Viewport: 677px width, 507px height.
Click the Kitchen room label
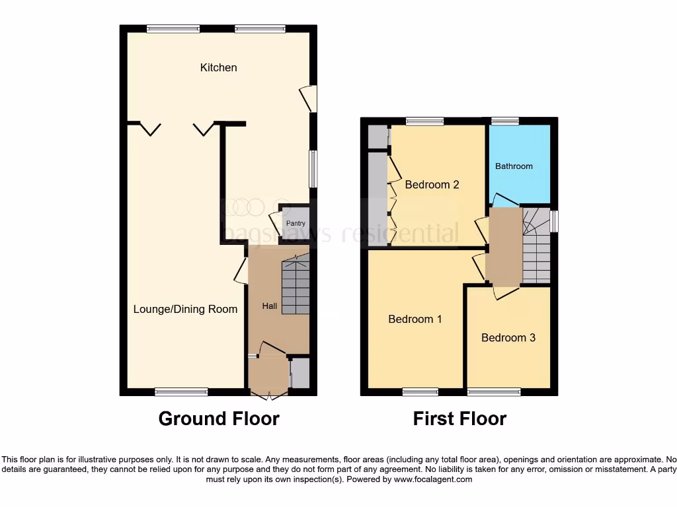[x=218, y=67]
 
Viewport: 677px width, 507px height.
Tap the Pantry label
[x=296, y=224]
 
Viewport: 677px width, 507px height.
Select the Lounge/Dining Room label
[x=185, y=309]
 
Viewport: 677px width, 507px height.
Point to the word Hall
[x=270, y=306]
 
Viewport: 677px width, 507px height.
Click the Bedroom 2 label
[x=432, y=185]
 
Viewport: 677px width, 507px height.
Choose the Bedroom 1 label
[x=415, y=320]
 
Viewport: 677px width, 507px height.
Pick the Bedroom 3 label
[x=508, y=338]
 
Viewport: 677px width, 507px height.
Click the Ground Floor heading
[x=219, y=419]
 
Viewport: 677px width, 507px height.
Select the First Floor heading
[x=459, y=419]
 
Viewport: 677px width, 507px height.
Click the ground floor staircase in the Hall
[x=296, y=288]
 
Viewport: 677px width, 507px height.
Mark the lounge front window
[x=181, y=392]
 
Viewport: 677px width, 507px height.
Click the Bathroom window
[x=504, y=121]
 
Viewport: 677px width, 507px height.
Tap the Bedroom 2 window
[x=424, y=121]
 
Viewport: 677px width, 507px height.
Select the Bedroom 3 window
[x=493, y=392]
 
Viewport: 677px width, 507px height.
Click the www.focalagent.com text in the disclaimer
[x=432, y=479]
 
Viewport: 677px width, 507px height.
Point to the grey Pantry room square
[x=296, y=226]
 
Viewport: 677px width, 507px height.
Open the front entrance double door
[x=268, y=395]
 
